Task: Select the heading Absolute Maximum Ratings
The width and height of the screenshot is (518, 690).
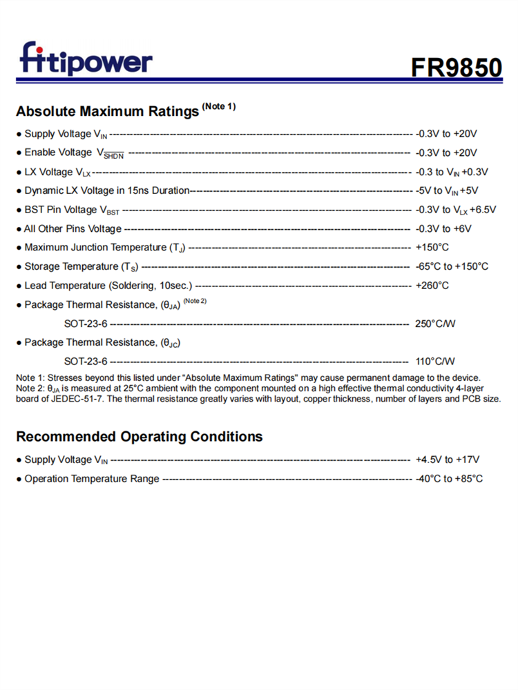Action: click(x=107, y=111)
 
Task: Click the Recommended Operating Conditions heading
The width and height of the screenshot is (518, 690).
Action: click(x=140, y=437)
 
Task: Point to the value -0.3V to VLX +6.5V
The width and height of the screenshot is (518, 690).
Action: click(x=456, y=210)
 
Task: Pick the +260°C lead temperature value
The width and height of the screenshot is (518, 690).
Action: click(x=432, y=286)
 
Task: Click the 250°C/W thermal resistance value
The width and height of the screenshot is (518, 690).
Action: click(x=436, y=323)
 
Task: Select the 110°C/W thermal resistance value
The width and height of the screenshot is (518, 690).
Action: click(x=436, y=361)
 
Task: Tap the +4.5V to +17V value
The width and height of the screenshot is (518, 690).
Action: click(x=448, y=460)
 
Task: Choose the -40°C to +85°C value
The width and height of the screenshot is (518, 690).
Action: click(x=449, y=479)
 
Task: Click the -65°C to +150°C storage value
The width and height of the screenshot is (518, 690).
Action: click(x=452, y=266)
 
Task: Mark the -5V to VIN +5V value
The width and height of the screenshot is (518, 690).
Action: click(x=447, y=190)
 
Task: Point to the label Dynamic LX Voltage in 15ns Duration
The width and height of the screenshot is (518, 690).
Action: click(x=106, y=190)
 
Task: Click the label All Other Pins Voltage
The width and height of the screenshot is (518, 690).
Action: click(x=73, y=228)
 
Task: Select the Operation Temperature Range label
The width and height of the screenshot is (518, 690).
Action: click(x=92, y=479)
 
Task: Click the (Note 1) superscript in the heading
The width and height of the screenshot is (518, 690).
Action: click(x=219, y=106)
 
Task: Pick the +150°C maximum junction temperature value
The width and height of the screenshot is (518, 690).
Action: click(x=432, y=248)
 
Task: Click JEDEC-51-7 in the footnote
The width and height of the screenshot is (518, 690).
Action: click(x=70, y=399)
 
